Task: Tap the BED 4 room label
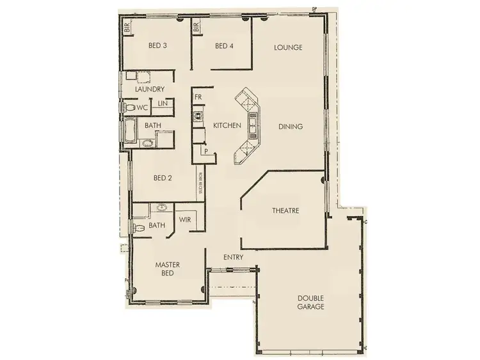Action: click(x=225, y=45)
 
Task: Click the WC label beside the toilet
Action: click(x=141, y=107)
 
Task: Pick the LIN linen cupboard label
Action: click(x=163, y=103)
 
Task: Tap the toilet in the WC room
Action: click(x=129, y=107)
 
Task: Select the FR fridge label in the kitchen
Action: click(x=198, y=97)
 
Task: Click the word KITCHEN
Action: click(x=227, y=126)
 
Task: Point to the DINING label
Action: click(x=290, y=127)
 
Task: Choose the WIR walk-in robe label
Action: click(x=186, y=219)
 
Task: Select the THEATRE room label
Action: click(x=285, y=210)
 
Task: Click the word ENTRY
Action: click(x=233, y=257)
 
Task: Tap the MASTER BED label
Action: click(x=168, y=268)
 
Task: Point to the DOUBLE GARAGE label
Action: click(x=310, y=302)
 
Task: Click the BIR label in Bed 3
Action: click(x=127, y=27)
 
